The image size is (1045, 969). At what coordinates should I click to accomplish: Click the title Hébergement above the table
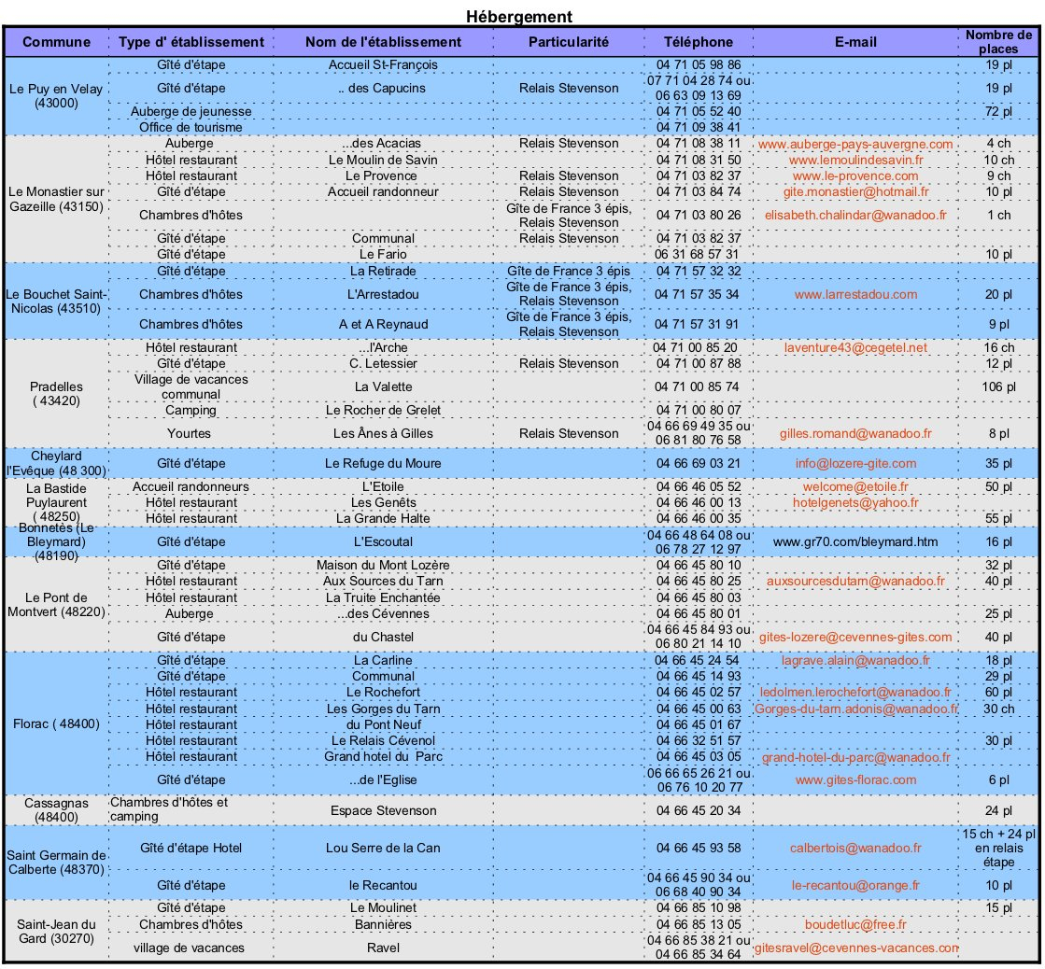[x=518, y=16]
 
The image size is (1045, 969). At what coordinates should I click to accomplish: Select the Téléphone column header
[x=699, y=42]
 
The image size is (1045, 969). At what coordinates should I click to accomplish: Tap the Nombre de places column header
[x=998, y=42]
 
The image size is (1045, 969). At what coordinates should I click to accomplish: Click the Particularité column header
[x=569, y=42]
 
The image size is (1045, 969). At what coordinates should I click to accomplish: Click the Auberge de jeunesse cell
[x=191, y=111]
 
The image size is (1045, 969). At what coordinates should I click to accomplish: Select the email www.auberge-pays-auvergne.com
[x=854, y=145]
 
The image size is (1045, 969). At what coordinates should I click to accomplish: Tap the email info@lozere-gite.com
[x=854, y=464]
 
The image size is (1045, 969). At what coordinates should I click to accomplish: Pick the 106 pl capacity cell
[x=998, y=387]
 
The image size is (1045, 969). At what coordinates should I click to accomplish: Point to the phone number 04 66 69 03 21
[x=699, y=464]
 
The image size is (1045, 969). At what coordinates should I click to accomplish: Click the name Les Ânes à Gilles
[x=383, y=434]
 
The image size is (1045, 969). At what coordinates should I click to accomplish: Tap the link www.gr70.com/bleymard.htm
[x=854, y=541]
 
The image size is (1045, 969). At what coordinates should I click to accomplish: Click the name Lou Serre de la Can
[x=383, y=848]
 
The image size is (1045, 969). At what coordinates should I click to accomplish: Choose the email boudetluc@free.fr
[x=854, y=925]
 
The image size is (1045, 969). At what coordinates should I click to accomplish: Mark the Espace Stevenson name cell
[x=383, y=809]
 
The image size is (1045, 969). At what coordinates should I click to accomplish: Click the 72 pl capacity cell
[x=998, y=111]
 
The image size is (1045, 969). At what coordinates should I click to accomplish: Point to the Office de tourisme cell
[x=191, y=127]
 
